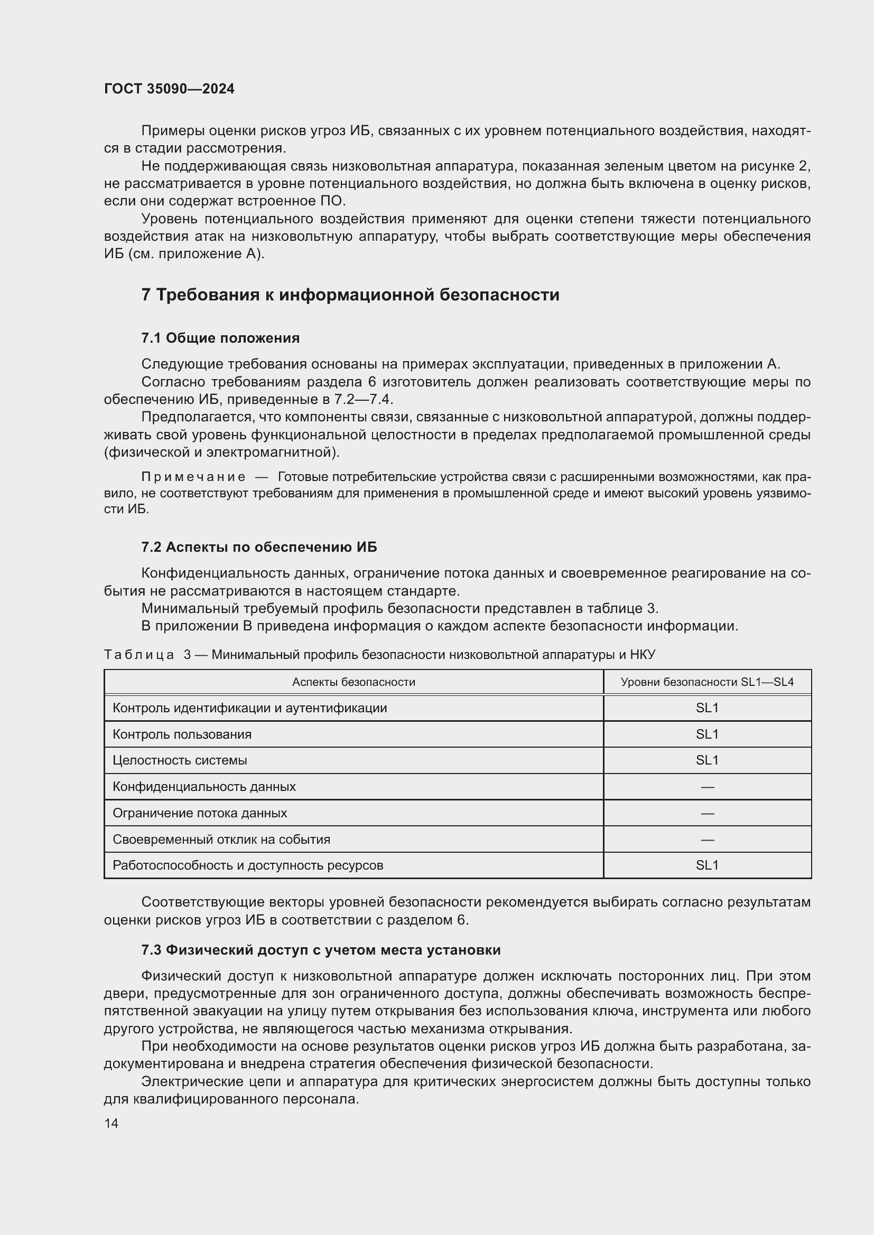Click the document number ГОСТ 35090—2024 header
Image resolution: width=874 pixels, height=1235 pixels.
pos(169,89)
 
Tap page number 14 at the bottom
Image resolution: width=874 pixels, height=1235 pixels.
pos(111,1123)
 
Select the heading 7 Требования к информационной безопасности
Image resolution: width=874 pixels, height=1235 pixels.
pos(350,295)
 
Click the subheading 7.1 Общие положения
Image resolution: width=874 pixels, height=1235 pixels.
pos(221,338)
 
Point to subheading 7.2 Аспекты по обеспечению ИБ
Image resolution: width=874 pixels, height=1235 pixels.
pos(259,547)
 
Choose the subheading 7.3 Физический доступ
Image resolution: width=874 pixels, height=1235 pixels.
pos(321,950)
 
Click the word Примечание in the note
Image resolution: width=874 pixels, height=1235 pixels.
pos(193,477)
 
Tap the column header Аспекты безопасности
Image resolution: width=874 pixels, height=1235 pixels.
pos(354,682)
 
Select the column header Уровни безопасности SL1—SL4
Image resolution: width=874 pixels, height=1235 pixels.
pos(707,682)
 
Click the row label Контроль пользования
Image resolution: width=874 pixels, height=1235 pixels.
pos(182,734)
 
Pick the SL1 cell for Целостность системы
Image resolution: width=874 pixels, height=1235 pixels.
pos(707,760)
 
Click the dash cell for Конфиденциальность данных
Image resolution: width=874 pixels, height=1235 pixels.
pos(707,787)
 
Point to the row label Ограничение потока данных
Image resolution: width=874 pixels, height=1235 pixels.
pos(200,813)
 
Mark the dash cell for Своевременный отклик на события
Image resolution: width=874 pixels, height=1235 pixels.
pos(707,840)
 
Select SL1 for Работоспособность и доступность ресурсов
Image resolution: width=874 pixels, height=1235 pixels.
pos(707,865)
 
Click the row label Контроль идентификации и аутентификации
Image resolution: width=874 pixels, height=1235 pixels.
pos(250,708)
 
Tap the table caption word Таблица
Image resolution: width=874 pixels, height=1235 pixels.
pos(139,655)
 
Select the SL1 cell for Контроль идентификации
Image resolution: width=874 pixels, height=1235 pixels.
pos(707,708)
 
